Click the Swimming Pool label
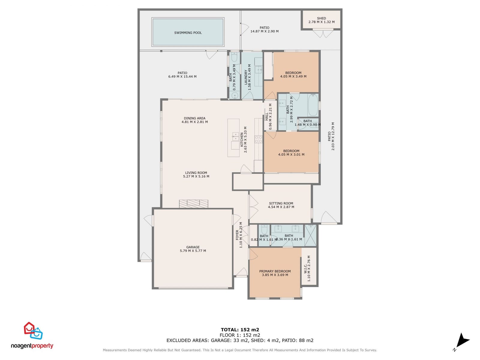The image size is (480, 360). click(x=188, y=33)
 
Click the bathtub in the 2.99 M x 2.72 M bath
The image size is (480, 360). click(x=313, y=105)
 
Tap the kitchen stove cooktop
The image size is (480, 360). click(x=258, y=139)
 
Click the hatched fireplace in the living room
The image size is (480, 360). click(x=193, y=204)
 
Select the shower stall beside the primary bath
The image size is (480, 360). click(x=310, y=235)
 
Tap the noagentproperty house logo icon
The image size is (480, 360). click(x=33, y=331)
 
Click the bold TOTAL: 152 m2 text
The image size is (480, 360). click(x=240, y=330)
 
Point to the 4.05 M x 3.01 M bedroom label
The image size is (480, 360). click(x=291, y=153)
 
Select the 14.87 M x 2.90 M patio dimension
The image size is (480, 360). click(x=264, y=31)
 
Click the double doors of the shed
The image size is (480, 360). click(x=323, y=33)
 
